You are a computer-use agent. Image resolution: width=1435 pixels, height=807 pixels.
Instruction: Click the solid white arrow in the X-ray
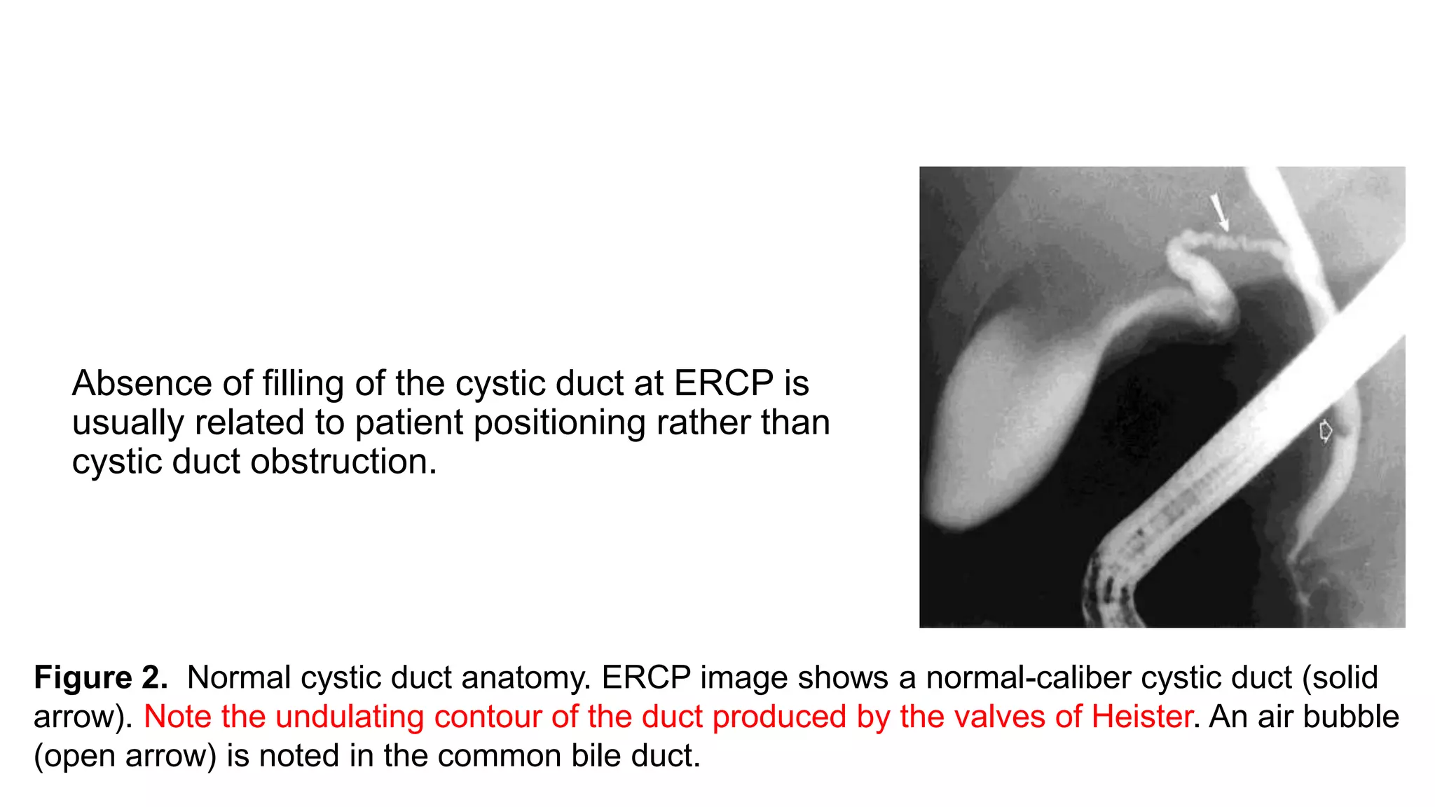click(x=1220, y=212)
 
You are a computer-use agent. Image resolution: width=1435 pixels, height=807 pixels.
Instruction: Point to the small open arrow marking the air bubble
click(x=1325, y=431)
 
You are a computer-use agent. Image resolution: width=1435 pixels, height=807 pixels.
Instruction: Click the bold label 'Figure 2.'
click(x=101, y=677)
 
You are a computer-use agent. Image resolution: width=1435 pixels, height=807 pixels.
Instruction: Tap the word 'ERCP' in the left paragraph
click(x=724, y=383)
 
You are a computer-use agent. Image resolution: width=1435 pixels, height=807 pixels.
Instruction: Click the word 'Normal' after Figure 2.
click(x=239, y=677)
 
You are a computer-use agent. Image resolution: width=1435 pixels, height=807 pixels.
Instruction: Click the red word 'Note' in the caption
click(x=178, y=717)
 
